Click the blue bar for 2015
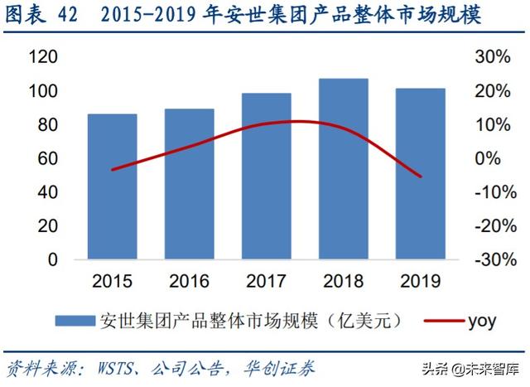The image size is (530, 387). point(112,186)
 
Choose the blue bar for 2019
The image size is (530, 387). point(421,173)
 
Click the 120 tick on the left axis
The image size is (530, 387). point(44,57)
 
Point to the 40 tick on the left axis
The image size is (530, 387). point(48,192)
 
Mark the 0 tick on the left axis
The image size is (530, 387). point(53,260)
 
